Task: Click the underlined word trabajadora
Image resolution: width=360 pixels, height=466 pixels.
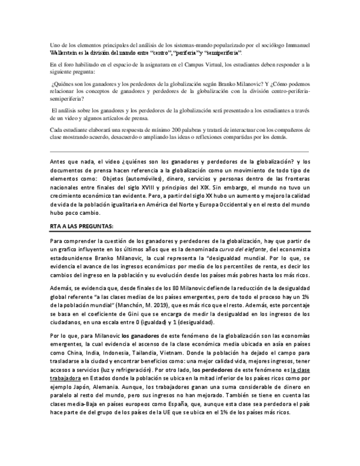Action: click(65, 379)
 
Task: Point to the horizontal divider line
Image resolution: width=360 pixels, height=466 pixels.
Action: click(179, 151)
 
